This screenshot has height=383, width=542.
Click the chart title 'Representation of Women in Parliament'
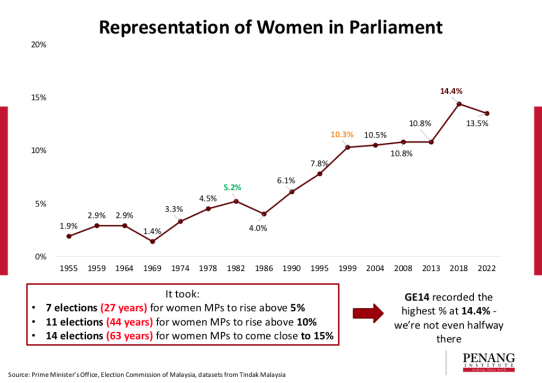coord(270,27)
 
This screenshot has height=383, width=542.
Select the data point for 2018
coord(459,104)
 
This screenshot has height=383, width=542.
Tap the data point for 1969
coord(152,242)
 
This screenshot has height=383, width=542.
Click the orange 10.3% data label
coord(342,135)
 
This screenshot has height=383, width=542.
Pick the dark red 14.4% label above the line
coord(451,91)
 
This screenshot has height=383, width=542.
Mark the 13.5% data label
coord(477,124)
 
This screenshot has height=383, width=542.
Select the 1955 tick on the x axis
coord(69,268)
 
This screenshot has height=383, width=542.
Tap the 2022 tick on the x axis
coord(486,268)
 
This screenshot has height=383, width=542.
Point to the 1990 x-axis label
coord(292,268)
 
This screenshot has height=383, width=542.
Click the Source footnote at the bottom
coord(147,375)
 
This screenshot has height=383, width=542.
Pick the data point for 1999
coord(347,147)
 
